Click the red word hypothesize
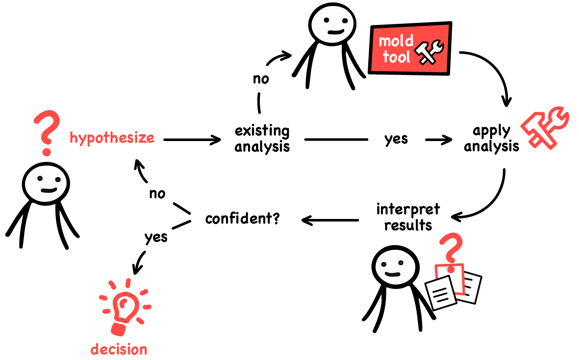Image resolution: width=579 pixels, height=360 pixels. click(x=112, y=138)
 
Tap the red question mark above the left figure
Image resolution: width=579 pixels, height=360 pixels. click(x=46, y=131)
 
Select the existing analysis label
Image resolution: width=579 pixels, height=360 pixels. click(x=262, y=138)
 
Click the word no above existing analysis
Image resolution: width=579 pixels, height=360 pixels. click(x=261, y=79)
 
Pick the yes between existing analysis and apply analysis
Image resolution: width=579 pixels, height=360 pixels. click(x=396, y=139)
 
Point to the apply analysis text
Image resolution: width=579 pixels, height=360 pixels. click(x=491, y=138)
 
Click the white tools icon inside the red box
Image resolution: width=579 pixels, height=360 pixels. click(x=428, y=52)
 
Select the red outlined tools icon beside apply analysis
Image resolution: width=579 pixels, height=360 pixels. click(x=545, y=127)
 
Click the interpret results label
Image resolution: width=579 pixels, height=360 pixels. click(x=408, y=217)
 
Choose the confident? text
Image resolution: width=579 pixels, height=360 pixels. click(x=242, y=219)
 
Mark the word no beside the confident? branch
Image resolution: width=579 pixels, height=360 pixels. click(x=157, y=194)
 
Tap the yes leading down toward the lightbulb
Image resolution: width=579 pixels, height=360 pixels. click(x=156, y=237)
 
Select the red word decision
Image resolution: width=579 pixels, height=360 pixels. click(x=119, y=349)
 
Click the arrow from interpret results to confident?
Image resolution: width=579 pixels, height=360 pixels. click(x=330, y=220)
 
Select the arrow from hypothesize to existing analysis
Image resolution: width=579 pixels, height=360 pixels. click(x=192, y=139)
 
